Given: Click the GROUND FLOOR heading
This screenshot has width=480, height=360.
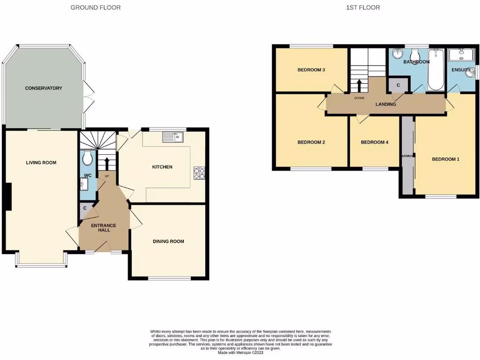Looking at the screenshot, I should pyautogui.click(x=95, y=7).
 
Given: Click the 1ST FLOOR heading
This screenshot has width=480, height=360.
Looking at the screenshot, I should pyautogui.click(x=363, y=7).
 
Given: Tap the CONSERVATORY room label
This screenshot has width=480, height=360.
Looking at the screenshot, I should pyautogui.click(x=43, y=88).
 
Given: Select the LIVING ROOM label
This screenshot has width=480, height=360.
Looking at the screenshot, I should pyautogui.click(x=41, y=163).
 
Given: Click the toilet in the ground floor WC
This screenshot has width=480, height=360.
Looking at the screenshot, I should pyautogui.click(x=87, y=159).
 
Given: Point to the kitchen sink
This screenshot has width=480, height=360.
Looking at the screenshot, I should pyautogui.click(x=173, y=137).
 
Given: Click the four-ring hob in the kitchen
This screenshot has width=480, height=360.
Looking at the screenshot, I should pyautogui.click(x=199, y=173).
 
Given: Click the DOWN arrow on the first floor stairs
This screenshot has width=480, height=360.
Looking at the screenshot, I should pyautogui.click(x=360, y=86).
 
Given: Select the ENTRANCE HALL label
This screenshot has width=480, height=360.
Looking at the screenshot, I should pyautogui.click(x=103, y=228).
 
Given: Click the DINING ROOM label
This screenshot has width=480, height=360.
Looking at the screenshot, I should pyautogui.click(x=168, y=241).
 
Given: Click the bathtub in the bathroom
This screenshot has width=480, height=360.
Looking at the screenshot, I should pyautogui.click(x=436, y=70).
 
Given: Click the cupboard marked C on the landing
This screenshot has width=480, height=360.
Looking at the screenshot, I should pyautogui.click(x=398, y=85).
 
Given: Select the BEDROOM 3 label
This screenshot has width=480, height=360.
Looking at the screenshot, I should pyautogui.click(x=311, y=70).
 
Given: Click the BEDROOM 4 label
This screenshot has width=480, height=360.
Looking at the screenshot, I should pyautogui.click(x=375, y=142).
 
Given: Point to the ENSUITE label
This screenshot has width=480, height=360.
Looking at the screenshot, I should pyautogui.click(x=461, y=70).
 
